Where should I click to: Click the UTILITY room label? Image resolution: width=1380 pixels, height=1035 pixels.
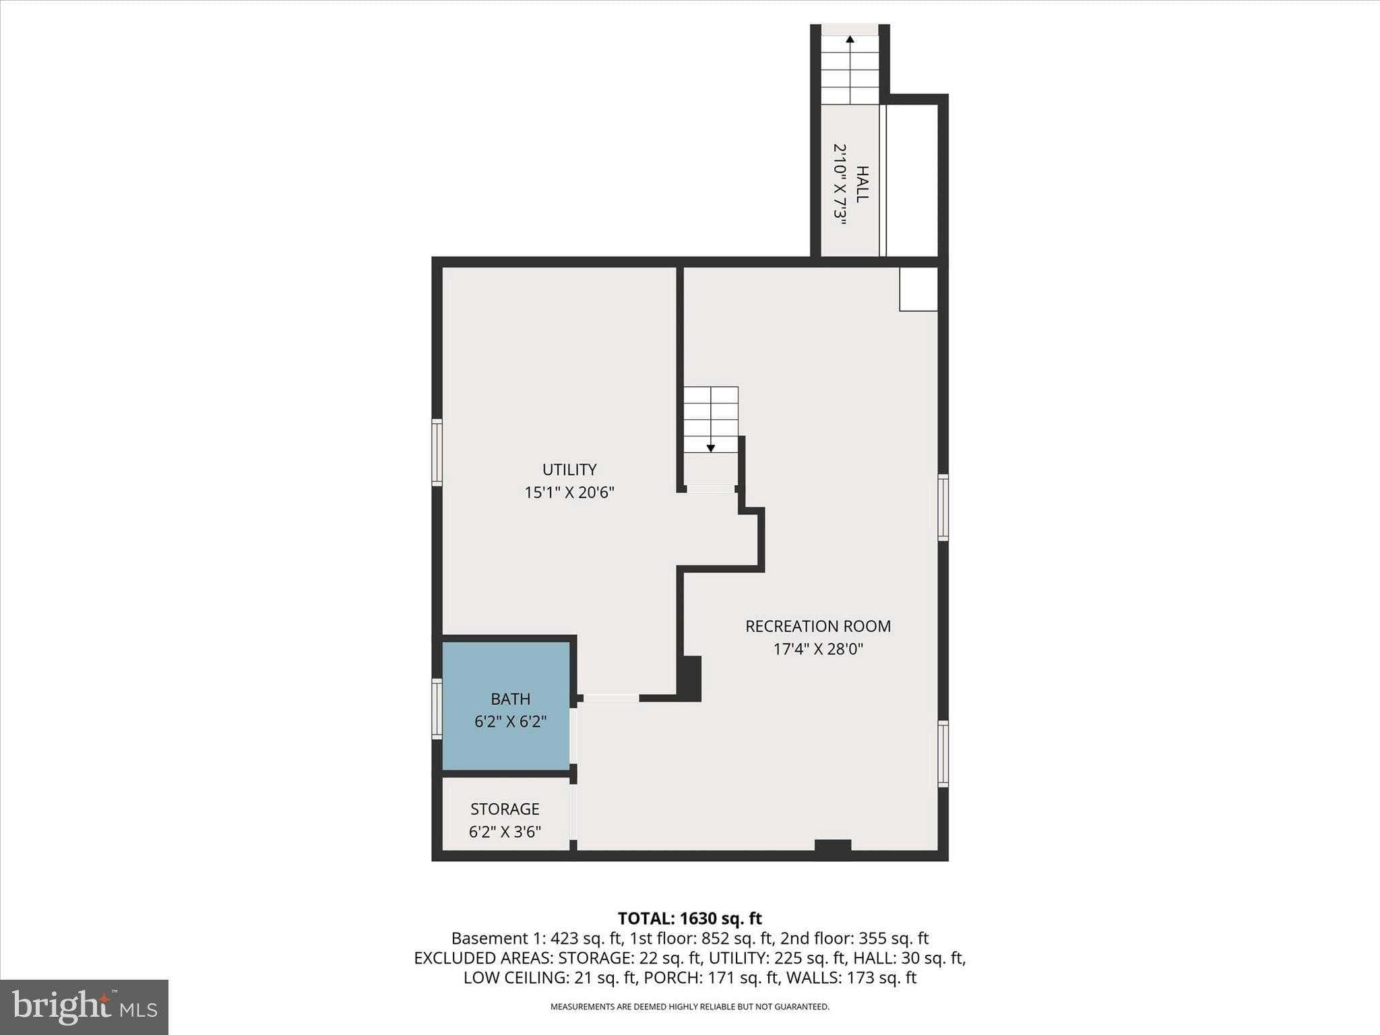pyautogui.click(x=569, y=470)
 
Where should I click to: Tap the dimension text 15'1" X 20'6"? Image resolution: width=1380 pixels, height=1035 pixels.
pyautogui.click(x=569, y=493)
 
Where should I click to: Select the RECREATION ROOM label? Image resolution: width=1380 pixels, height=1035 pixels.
pyautogui.click(x=817, y=626)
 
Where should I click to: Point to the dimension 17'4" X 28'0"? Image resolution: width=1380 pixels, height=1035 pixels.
pyautogui.click(x=817, y=650)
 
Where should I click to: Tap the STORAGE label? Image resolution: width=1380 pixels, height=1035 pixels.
pyautogui.click(x=505, y=809)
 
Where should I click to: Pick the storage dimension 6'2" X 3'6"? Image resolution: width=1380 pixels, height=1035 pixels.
pyautogui.click(x=505, y=832)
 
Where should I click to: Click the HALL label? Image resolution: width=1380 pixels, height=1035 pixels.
pyautogui.click(x=862, y=183)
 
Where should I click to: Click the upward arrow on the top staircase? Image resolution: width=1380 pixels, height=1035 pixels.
pyautogui.click(x=850, y=40)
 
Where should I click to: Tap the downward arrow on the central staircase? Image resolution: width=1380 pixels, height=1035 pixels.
pyautogui.click(x=710, y=447)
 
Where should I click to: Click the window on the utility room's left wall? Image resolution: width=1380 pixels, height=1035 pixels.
pyautogui.click(x=437, y=452)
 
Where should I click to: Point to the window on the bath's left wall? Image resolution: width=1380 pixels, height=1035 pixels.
pyautogui.click(x=437, y=710)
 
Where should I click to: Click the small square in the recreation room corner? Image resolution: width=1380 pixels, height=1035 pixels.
pyautogui.click(x=918, y=289)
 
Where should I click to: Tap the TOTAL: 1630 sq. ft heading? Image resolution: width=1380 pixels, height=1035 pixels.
pyautogui.click(x=689, y=918)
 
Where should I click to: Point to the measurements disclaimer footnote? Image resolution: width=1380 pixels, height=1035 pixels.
pyautogui.click(x=689, y=1007)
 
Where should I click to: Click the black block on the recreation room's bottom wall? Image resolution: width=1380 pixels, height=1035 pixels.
pyautogui.click(x=833, y=846)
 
